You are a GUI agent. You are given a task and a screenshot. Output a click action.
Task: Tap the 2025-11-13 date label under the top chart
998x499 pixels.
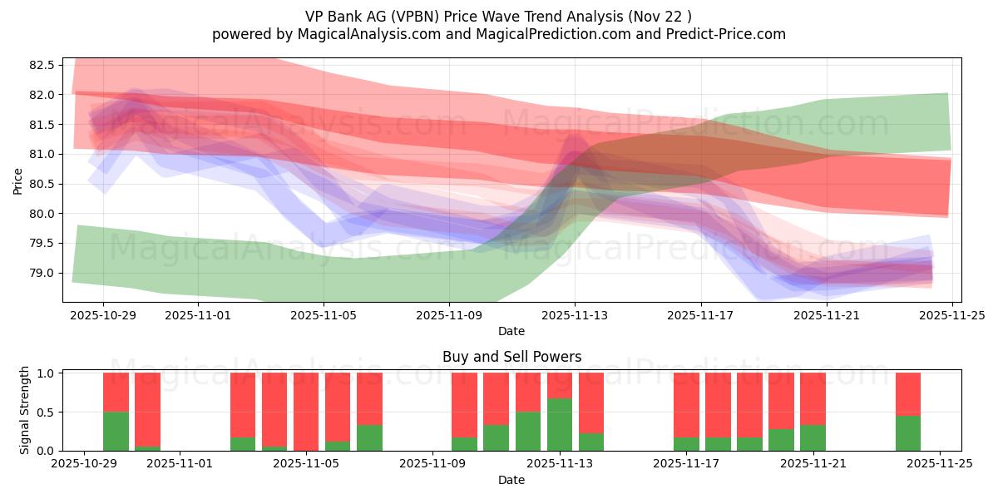(575, 315)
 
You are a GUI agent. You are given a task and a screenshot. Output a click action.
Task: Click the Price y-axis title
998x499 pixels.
(18, 180)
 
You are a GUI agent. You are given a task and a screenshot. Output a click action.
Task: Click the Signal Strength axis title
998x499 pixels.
(25, 410)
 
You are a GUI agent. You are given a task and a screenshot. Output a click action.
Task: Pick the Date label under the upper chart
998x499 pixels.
(511, 331)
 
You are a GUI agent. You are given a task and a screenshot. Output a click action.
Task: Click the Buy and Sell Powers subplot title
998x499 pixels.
(511, 357)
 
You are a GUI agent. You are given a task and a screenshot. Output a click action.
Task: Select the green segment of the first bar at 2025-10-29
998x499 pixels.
(116, 431)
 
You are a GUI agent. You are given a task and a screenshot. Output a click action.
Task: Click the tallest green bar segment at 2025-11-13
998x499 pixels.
(560, 424)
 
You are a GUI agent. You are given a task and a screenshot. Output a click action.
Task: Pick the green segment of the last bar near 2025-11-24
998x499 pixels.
(908, 432)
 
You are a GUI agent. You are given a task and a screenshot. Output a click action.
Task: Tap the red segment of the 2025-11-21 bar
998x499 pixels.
(813, 398)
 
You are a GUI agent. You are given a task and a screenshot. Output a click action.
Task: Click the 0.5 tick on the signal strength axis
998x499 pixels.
(47, 412)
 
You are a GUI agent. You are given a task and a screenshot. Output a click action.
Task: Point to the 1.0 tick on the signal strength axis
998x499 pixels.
(47, 373)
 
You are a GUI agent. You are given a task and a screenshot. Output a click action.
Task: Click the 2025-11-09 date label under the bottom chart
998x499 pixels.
(433, 464)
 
